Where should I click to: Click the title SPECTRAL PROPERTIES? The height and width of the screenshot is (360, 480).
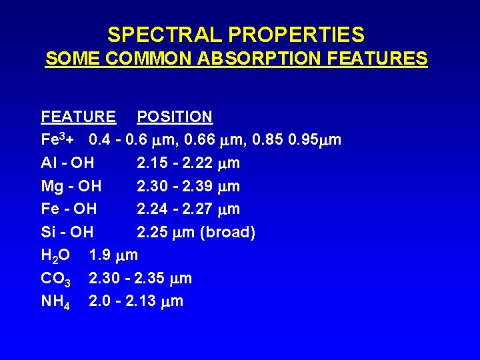pos(236,35)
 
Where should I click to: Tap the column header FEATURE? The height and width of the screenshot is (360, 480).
pos(78,117)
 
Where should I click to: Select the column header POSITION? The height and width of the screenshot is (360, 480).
pos(175,117)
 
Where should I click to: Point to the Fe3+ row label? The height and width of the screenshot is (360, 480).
pos(61,140)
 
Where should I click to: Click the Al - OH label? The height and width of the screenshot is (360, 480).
pos(67,163)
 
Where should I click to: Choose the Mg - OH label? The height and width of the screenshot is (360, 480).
pos(71,186)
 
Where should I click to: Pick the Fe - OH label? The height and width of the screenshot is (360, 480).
pos(69,209)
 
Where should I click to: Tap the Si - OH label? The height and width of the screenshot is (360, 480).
pos(67,232)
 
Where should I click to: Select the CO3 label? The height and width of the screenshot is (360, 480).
pos(56,279)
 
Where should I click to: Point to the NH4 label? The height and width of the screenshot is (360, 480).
pos(56,301)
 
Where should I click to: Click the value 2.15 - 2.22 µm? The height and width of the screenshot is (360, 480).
pos(188,163)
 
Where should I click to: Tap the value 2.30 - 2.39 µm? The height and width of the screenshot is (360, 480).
pos(188,186)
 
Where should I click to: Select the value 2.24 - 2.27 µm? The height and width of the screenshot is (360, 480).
pos(188,209)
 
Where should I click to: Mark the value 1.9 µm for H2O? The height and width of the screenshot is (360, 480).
pos(113,255)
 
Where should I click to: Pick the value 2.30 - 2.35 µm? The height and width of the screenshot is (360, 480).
pos(140,279)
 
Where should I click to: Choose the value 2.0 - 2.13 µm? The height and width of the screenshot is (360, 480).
pos(136,301)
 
